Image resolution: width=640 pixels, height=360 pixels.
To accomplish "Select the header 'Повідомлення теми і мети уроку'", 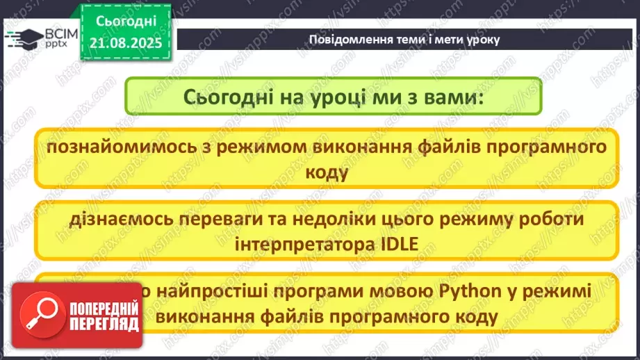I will [404, 39].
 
